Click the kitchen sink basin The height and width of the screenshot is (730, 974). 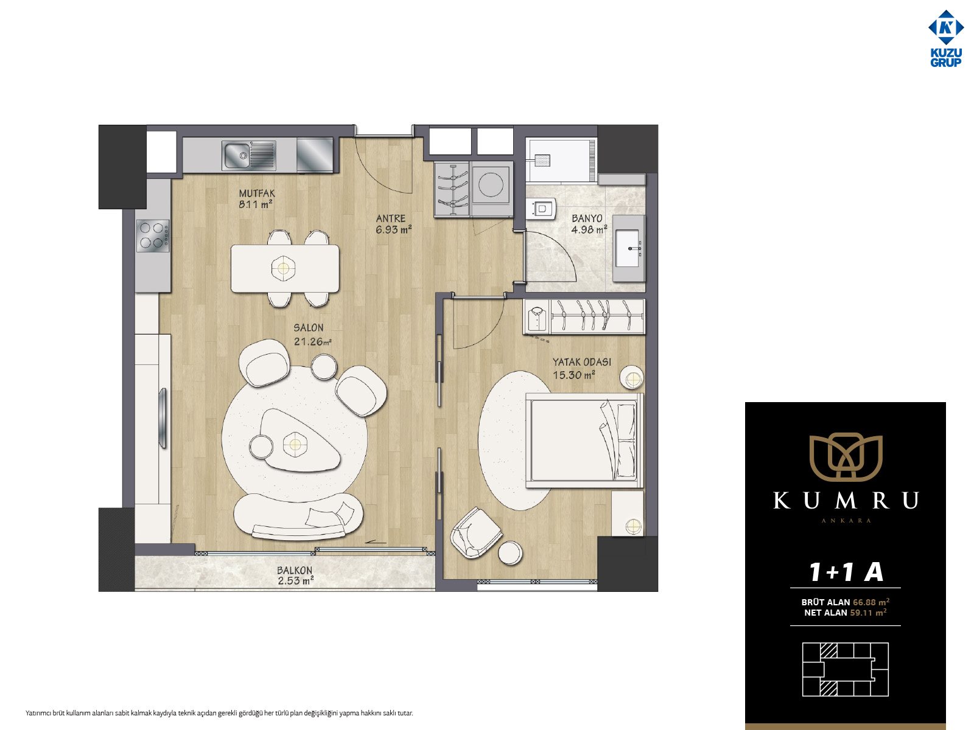[x=237, y=155]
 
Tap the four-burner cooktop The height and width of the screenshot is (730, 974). [x=153, y=235]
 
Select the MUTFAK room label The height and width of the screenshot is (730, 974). [x=257, y=193]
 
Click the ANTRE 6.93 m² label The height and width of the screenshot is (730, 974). [x=393, y=224]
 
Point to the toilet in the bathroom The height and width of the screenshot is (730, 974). [x=541, y=208]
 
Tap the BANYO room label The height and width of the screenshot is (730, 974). [x=587, y=218]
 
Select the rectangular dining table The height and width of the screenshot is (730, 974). [x=285, y=268]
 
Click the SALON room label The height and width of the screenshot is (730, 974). [x=309, y=327]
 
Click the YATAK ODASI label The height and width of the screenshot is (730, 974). [x=582, y=362]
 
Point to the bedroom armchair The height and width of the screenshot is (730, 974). [x=475, y=533]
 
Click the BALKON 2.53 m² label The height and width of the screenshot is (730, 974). [x=295, y=575]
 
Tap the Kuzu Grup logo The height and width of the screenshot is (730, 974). [x=945, y=38]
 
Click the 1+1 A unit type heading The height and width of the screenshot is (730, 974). [x=846, y=571]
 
